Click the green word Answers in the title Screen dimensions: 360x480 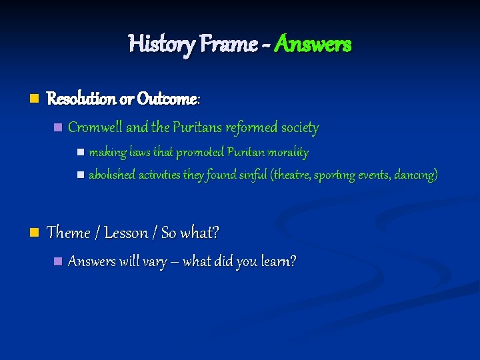click(312, 45)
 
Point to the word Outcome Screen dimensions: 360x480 click(167, 99)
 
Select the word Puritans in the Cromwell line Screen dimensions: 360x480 click(198, 127)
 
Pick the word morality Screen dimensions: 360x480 click(287, 153)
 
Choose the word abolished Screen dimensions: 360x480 click(112, 175)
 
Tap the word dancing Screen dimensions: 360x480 click(415, 175)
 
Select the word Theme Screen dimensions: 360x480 click(69, 233)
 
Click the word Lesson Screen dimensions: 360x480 click(126, 233)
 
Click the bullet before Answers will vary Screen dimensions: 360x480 click(58, 261)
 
